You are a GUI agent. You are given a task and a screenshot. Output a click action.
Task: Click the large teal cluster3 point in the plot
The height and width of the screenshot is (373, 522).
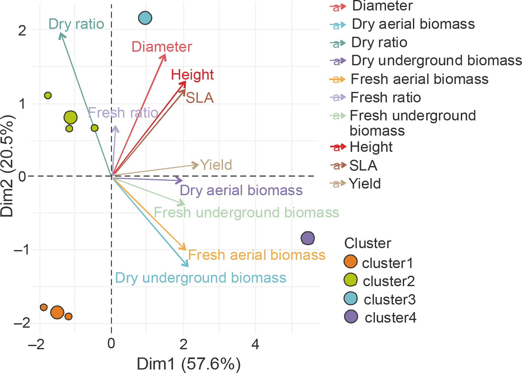coord(145,18)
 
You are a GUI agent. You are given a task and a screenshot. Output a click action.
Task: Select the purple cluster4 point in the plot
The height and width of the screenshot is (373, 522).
coord(307,238)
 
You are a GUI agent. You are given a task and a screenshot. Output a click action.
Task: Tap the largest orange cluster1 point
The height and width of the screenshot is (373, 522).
coord(57,312)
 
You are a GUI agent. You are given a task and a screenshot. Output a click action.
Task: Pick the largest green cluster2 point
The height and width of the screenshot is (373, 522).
coord(70,117)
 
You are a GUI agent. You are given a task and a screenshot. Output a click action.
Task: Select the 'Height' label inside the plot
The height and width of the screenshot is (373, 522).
coord(192,75)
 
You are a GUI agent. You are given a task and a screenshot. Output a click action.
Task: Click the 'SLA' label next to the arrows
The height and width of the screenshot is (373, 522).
coord(199,98)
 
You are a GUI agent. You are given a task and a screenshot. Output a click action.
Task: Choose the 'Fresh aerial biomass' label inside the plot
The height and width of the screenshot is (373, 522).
coord(257,255)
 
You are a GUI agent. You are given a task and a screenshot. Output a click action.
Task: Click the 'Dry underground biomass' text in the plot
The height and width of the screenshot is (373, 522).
coord(200,278)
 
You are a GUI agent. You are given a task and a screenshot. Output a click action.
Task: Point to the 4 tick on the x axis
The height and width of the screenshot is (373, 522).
coord(255,344)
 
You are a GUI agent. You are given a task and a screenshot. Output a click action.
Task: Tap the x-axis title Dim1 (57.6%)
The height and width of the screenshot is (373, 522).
coord(188,364)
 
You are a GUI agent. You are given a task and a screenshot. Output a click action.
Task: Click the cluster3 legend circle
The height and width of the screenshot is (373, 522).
coord(351,298)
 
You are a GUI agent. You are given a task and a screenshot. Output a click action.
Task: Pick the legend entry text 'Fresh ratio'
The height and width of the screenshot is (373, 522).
coord(386,97)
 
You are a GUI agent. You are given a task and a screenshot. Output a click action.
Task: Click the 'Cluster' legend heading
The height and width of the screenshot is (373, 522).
coord(368,243)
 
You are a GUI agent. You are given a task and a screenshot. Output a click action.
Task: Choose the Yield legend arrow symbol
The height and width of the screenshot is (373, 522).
coord(337,183)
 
